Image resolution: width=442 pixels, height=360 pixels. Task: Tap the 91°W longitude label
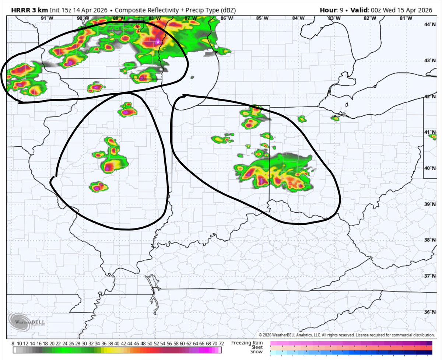[45, 18]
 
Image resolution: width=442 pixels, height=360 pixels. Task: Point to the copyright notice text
[346, 335]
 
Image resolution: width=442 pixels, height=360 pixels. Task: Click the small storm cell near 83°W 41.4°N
[335, 119]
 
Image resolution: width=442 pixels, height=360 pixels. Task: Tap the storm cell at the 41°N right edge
[433, 137]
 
